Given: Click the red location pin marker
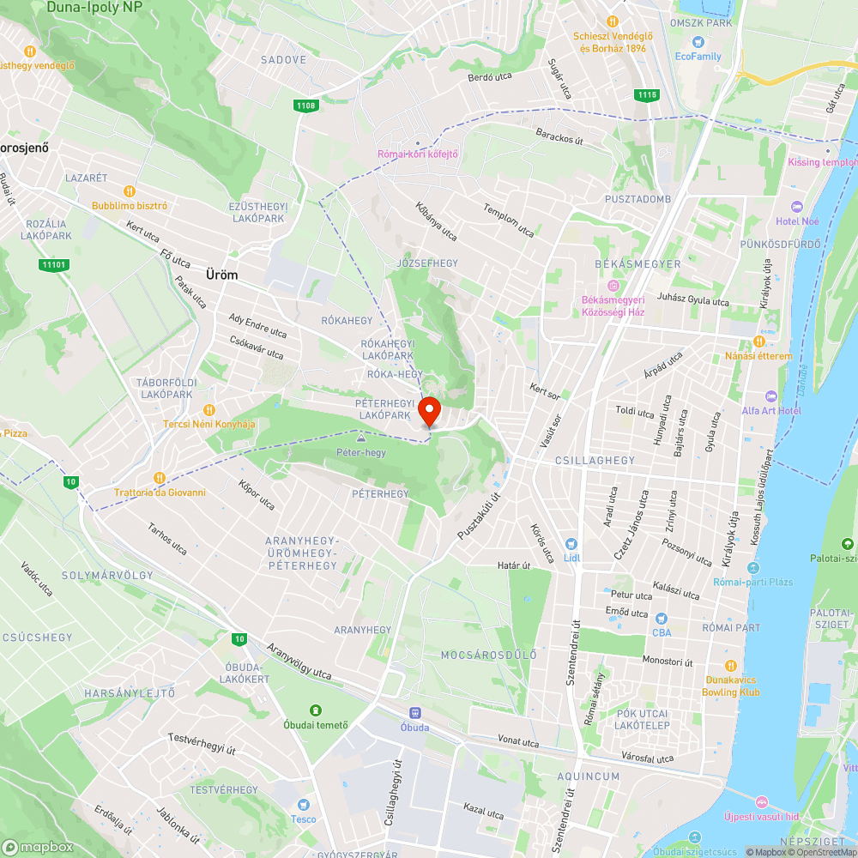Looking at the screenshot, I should coord(428,411).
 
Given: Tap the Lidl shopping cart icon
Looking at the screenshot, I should coord(571,544).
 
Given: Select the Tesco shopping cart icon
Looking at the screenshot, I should coord(302,805).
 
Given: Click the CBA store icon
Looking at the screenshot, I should coord(662,619).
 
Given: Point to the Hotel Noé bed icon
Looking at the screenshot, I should coord(795,207).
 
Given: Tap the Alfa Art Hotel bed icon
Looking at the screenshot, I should coord(770,396).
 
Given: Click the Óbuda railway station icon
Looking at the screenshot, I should coord(415,712).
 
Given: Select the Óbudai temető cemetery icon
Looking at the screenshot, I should coord(316,710).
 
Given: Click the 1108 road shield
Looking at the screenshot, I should coord(305,106).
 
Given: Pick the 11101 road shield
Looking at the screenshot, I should coord(53,264).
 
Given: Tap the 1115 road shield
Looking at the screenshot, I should coord(647,94).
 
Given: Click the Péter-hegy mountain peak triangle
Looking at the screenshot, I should coord(360,438).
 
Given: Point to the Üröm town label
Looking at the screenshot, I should coord(221,275).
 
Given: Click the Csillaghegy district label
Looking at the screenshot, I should coord(595,461).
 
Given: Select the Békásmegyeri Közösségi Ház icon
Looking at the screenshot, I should coord(613,286).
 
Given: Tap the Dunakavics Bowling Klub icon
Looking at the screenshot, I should coord(731,666).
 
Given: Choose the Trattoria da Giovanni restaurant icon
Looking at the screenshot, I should coord(160,478).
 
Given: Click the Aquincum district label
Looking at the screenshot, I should coord(588,776).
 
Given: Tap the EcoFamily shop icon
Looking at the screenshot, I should coord(698,41).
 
